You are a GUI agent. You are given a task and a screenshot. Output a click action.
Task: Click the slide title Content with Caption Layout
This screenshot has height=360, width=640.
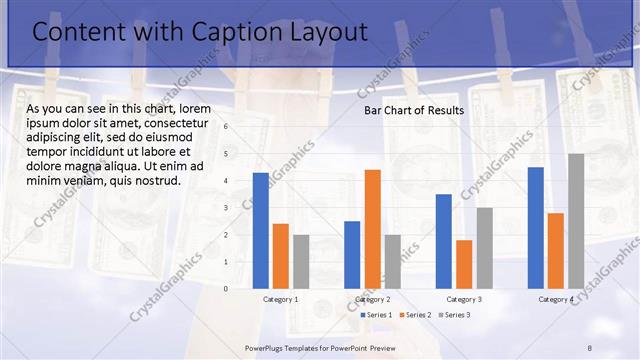(200, 33)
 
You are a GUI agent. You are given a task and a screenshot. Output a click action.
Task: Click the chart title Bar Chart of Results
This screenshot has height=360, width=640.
(413, 110)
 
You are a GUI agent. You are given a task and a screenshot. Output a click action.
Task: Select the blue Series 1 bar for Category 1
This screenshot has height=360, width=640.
(261, 230)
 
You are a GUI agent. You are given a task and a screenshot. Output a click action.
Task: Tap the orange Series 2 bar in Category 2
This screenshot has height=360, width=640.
(372, 229)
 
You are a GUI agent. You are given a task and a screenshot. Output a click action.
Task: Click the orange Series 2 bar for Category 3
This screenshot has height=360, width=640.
(464, 264)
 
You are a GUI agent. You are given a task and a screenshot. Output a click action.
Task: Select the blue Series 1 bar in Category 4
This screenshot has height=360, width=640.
(536, 227)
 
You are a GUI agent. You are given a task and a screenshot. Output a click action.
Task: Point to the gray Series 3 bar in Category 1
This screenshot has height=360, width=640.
(301, 261)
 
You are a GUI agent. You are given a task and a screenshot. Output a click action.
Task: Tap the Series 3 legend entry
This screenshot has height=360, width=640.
(457, 315)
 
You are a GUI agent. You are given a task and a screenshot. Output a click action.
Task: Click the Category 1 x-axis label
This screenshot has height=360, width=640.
(281, 299)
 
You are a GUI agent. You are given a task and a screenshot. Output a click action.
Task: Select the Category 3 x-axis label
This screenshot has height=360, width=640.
(464, 299)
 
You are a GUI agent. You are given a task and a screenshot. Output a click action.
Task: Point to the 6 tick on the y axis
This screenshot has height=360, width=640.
(226, 126)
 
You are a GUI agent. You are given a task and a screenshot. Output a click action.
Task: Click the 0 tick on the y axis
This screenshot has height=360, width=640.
(226, 289)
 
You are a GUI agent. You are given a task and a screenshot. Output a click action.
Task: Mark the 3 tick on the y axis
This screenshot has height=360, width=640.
(226, 208)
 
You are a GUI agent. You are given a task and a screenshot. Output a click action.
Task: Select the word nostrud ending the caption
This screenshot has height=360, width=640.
(159, 181)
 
